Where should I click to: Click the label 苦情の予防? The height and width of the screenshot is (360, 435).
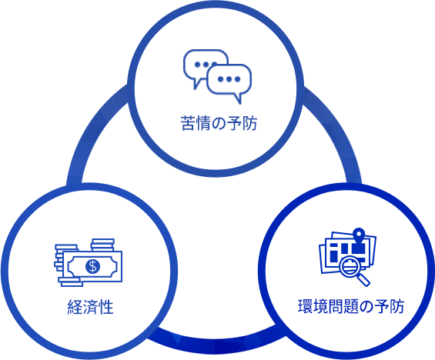(219, 123)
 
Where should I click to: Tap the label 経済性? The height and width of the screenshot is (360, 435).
(90, 307)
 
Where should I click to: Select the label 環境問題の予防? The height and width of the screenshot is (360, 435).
(351, 306)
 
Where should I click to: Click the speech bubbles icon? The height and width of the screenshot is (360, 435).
(217, 77)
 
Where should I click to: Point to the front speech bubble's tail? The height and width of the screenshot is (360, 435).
(237, 98)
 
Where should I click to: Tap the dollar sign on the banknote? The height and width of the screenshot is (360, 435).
(92, 267)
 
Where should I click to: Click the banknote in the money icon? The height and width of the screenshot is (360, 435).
(92, 267)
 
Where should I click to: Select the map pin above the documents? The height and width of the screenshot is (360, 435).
(360, 235)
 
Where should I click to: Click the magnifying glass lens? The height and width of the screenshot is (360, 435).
(350, 267)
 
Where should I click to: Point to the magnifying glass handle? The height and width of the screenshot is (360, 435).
(363, 280)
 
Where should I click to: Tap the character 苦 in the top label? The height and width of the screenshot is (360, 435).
(188, 123)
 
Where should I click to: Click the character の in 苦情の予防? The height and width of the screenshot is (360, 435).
(219, 124)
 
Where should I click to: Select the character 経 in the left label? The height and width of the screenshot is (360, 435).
(75, 307)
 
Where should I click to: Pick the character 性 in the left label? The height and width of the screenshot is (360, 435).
(106, 307)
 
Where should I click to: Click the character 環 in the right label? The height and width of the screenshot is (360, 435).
(305, 306)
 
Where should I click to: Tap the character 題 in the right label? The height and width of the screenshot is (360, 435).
(351, 306)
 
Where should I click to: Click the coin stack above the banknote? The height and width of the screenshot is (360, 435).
(102, 245)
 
